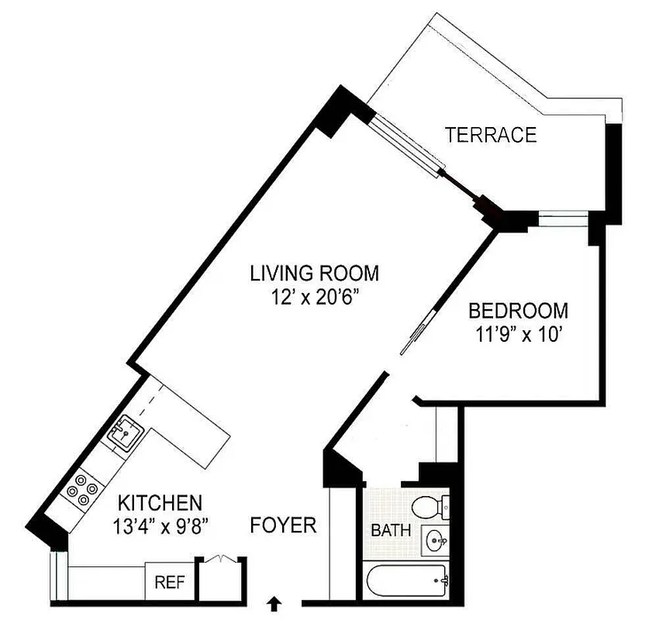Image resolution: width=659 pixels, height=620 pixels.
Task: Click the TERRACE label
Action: (491, 135)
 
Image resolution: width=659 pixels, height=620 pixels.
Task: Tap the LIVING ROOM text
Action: (314, 273)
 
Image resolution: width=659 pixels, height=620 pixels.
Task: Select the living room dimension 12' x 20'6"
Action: (314, 298)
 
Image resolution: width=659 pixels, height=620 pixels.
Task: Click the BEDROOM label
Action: (518, 312)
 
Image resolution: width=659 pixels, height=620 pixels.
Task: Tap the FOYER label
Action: (284, 525)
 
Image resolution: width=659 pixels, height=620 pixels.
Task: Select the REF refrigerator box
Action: (169, 582)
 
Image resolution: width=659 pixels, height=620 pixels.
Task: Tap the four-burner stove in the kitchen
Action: (83, 491)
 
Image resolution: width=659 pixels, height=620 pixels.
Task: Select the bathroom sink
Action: (435, 539)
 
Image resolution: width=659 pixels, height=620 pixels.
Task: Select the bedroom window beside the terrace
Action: (564, 219)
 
